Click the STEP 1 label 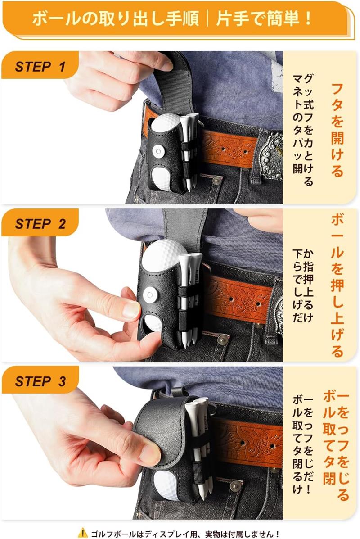coord(40,66)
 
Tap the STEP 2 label coord(40,224)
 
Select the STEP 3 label coord(40,381)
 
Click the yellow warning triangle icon coord(83,533)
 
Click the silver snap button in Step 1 coord(158,150)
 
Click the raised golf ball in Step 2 coord(164,256)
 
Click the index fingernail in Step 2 coord(131,309)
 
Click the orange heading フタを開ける coord(337,130)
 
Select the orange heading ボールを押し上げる coord(337,285)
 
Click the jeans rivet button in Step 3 coord(234,486)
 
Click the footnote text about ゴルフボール coord(185,534)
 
